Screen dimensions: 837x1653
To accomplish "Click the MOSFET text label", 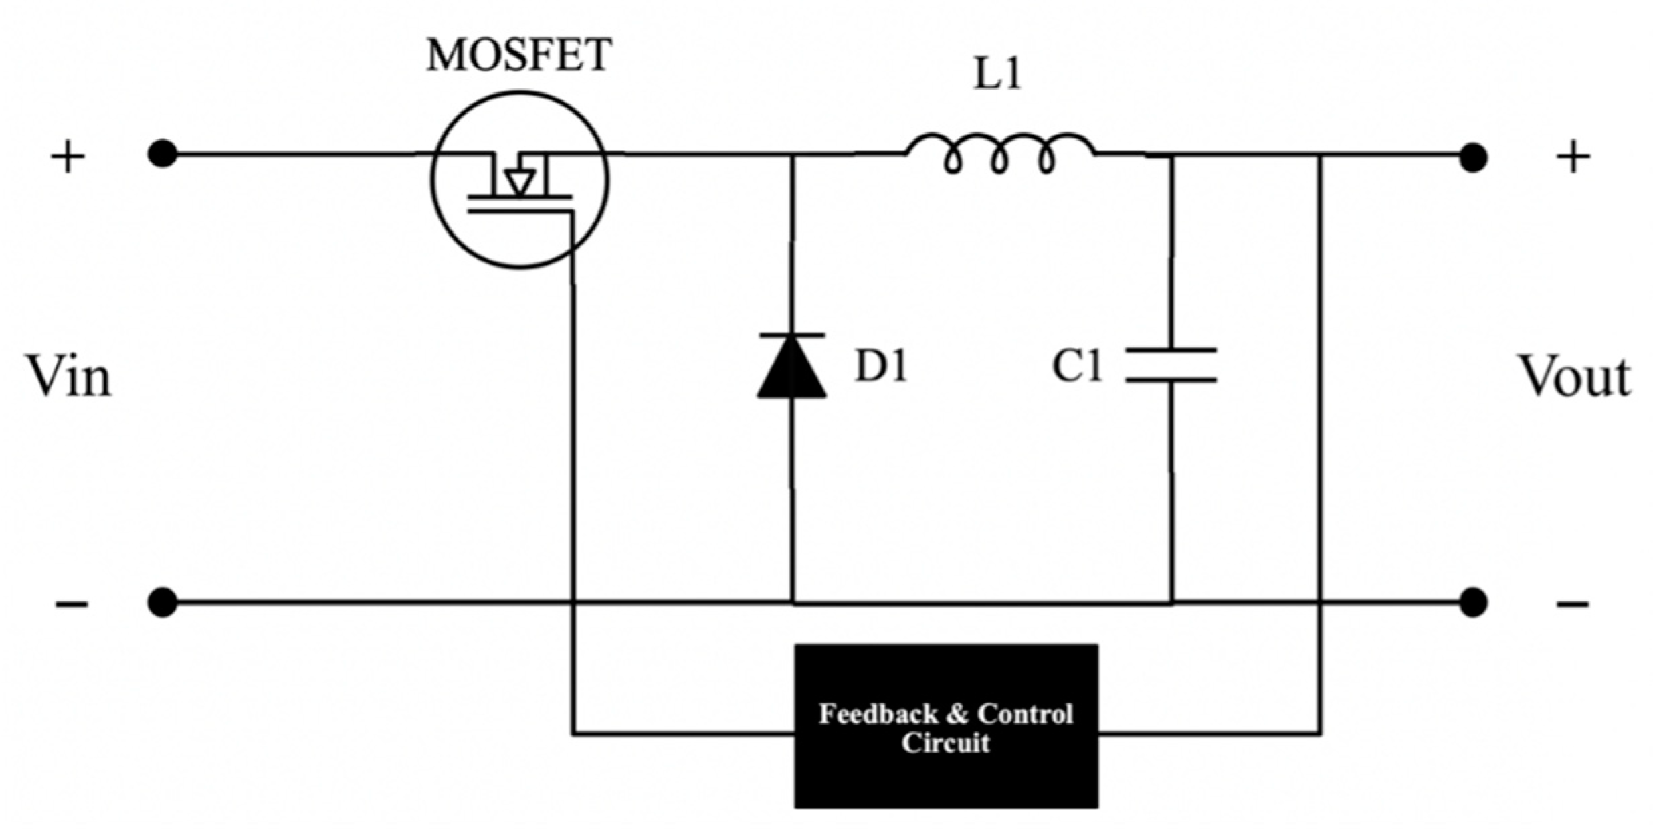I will point(518,55).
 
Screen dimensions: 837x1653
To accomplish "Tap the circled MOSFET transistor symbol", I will point(519,179).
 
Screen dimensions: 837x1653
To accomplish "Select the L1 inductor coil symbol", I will point(999,156).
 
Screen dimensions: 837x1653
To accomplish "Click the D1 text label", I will point(881,367).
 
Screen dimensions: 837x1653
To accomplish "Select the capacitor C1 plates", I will point(1171,365).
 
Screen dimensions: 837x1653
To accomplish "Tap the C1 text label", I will point(1076,367).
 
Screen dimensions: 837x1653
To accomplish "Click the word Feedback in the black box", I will point(878,714).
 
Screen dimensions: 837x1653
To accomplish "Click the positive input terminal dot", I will point(163,155).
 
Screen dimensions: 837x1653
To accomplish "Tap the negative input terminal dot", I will point(163,602).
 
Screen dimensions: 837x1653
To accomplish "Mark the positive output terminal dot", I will point(1472,158).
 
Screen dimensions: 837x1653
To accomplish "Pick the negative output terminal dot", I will point(1472,602).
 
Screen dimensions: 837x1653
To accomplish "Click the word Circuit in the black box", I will point(945,743).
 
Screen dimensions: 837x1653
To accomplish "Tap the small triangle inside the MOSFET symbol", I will point(519,182).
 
